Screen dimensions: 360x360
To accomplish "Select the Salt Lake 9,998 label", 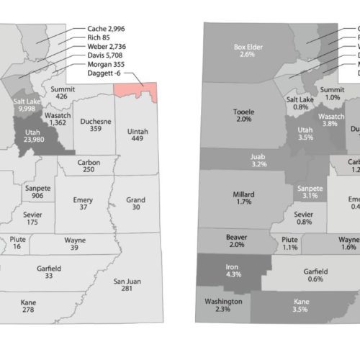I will pyautogui.click(x=27, y=106).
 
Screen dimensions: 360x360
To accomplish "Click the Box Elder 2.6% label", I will pyautogui.click(x=247, y=50).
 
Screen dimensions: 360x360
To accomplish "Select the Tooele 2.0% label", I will pyautogui.click(x=244, y=115).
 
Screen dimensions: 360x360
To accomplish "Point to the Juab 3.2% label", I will pyautogui.click(x=258, y=159).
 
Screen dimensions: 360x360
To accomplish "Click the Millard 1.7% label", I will pyautogui.click(x=244, y=197).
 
